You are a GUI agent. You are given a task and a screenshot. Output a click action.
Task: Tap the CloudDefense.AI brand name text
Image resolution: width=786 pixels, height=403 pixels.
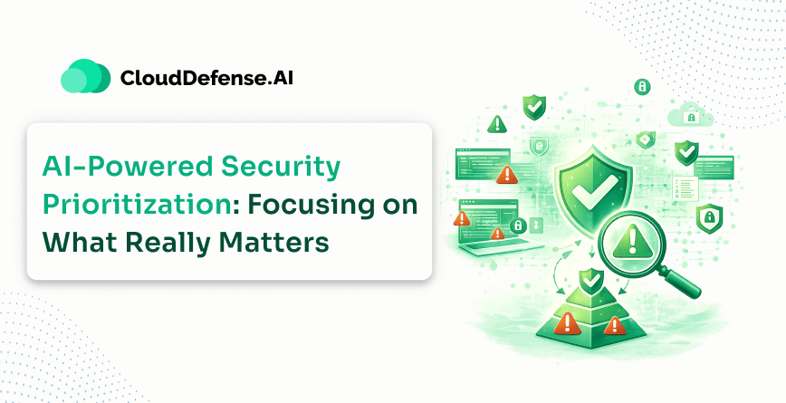pos(206,78)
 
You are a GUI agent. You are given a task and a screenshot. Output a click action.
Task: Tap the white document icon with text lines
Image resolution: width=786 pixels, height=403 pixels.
pos(685,189)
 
